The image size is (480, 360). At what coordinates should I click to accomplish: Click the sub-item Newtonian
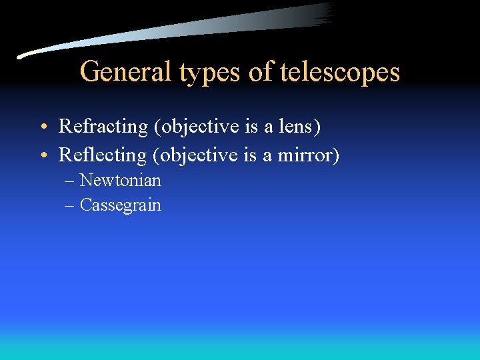coord(120,180)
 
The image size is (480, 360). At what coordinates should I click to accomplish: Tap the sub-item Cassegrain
coord(120,205)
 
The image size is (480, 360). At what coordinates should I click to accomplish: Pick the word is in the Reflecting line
coord(256,155)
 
